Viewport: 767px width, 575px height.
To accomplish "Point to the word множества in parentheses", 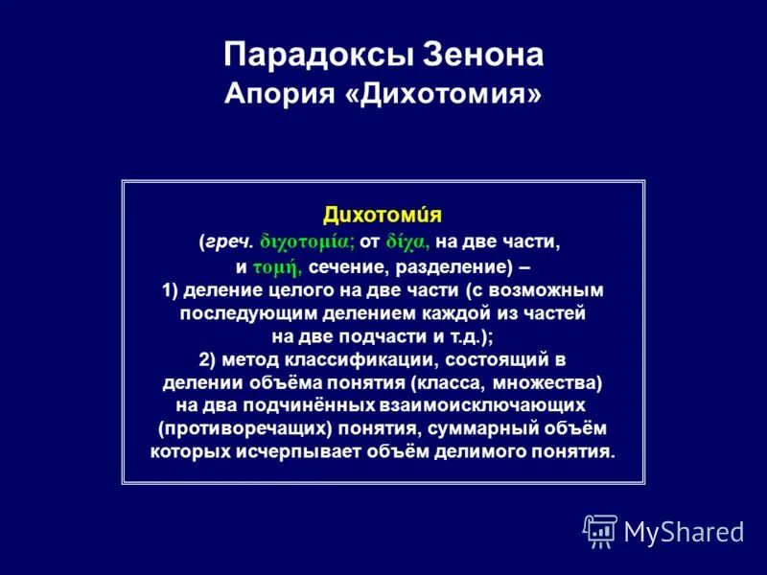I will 553,383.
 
